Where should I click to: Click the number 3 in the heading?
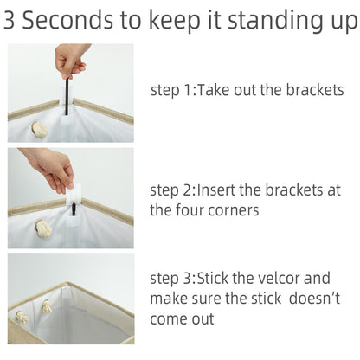pos(9,20)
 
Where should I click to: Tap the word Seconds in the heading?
pos(67,20)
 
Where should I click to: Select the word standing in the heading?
pos(276,22)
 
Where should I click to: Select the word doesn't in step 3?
pos(314,299)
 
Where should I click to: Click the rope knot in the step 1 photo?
pos(40,130)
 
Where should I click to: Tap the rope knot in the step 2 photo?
pos(44,228)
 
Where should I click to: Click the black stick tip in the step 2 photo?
pos(74,204)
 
